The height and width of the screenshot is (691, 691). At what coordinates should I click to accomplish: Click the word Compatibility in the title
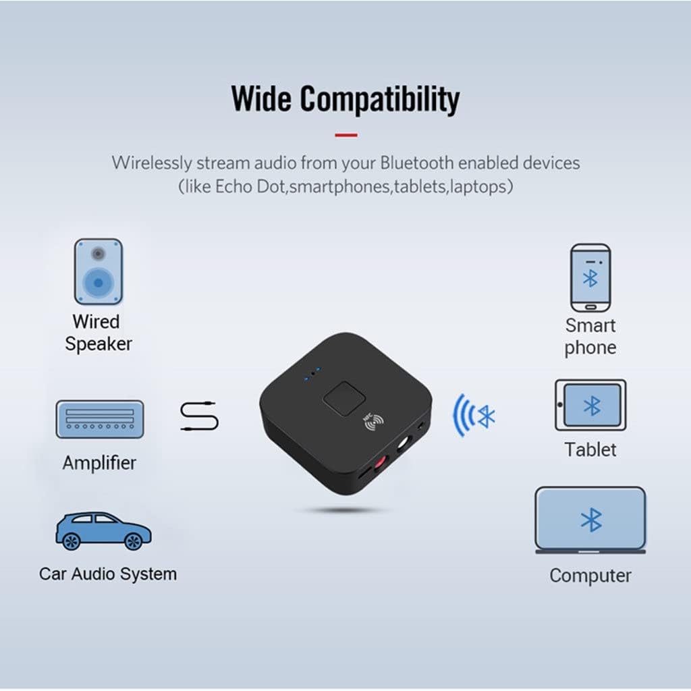point(380,100)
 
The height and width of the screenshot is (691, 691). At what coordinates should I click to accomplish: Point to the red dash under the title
point(345,135)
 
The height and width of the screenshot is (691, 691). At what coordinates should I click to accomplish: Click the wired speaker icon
point(98,271)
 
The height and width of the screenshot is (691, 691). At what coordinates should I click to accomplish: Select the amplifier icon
point(99,419)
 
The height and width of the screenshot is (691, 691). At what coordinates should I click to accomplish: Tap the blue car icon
point(103,530)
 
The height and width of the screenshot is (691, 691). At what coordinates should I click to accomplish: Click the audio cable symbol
point(200,416)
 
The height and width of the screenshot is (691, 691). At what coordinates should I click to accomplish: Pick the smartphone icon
point(590,277)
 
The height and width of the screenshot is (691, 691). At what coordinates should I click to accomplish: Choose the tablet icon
point(590,405)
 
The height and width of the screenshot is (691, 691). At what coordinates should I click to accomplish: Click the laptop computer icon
point(590,520)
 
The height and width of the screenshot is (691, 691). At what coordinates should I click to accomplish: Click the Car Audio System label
point(108,574)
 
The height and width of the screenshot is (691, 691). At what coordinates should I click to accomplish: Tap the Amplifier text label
point(99,463)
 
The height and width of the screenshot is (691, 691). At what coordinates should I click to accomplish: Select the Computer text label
point(590,576)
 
